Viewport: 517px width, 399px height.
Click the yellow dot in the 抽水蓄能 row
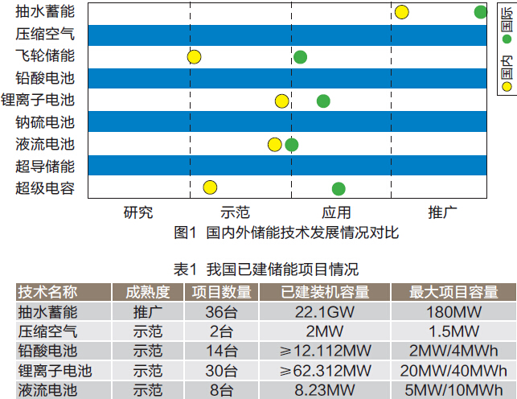tap(401, 12)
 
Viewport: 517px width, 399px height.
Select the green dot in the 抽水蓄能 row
tap(480, 12)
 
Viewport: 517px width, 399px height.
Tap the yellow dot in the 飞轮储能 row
tap(194, 56)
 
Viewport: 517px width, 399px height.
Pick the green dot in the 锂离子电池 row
tap(323, 101)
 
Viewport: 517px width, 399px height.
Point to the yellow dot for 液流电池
tap(274, 145)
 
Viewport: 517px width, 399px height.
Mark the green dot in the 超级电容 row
tap(339, 188)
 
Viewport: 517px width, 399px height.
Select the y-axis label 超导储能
tap(45, 167)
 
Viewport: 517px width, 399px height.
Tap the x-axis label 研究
tap(137, 212)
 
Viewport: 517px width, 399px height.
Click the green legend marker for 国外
tap(507, 38)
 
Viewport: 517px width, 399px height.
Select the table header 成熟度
tap(148, 292)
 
